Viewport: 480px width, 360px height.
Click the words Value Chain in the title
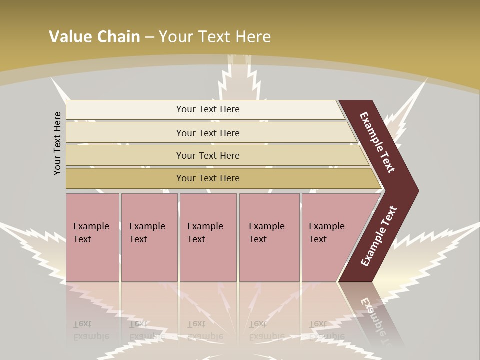(x=94, y=36)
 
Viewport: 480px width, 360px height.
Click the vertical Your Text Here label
(x=57, y=143)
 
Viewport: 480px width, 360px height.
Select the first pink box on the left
(x=92, y=260)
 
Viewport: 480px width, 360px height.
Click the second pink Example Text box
(x=149, y=260)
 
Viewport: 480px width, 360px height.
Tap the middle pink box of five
(x=208, y=260)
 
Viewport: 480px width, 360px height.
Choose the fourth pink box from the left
(x=269, y=260)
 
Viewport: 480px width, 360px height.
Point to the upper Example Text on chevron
(x=377, y=143)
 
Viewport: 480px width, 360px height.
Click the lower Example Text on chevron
(x=379, y=236)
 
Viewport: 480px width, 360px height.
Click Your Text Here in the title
(x=215, y=36)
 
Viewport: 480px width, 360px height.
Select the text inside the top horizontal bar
(x=208, y=109)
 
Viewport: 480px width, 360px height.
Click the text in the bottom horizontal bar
(x=208, y=178)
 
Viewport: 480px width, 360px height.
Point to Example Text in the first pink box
(x=91, y=232)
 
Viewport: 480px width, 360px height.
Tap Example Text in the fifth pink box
(x=326, y=232)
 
